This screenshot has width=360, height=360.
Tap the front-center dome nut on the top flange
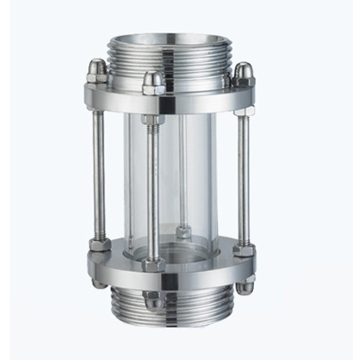153,83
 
